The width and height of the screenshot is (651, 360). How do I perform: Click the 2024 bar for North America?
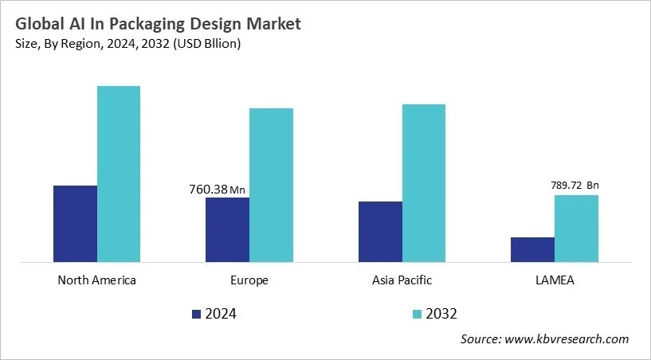(x=75, y=223)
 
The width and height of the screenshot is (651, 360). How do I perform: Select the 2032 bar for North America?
(x=119, y=174)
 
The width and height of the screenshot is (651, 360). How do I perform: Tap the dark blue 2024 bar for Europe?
(x=227, y=229)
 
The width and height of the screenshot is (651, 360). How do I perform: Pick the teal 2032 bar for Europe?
(x=271, y=185)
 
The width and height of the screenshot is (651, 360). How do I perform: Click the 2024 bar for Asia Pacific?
(x=380, y=231)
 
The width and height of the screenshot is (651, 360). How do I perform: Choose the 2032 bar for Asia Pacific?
(x=424, y=182)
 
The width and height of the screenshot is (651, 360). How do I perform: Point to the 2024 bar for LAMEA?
(x=532, y=249)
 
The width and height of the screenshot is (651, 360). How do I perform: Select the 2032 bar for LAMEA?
(x=576, y=228)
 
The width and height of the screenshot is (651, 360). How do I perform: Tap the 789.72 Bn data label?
(x=575, y=186)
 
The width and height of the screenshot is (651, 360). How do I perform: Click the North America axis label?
(x=96, y=280)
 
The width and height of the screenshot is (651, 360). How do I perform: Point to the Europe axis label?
(x=249, y=280)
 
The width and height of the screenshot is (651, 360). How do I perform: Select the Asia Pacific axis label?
(x=402, y=280)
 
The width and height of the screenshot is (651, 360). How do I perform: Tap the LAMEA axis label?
(x=555, y=280)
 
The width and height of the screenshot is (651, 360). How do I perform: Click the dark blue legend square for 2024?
(x=197, y=314)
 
